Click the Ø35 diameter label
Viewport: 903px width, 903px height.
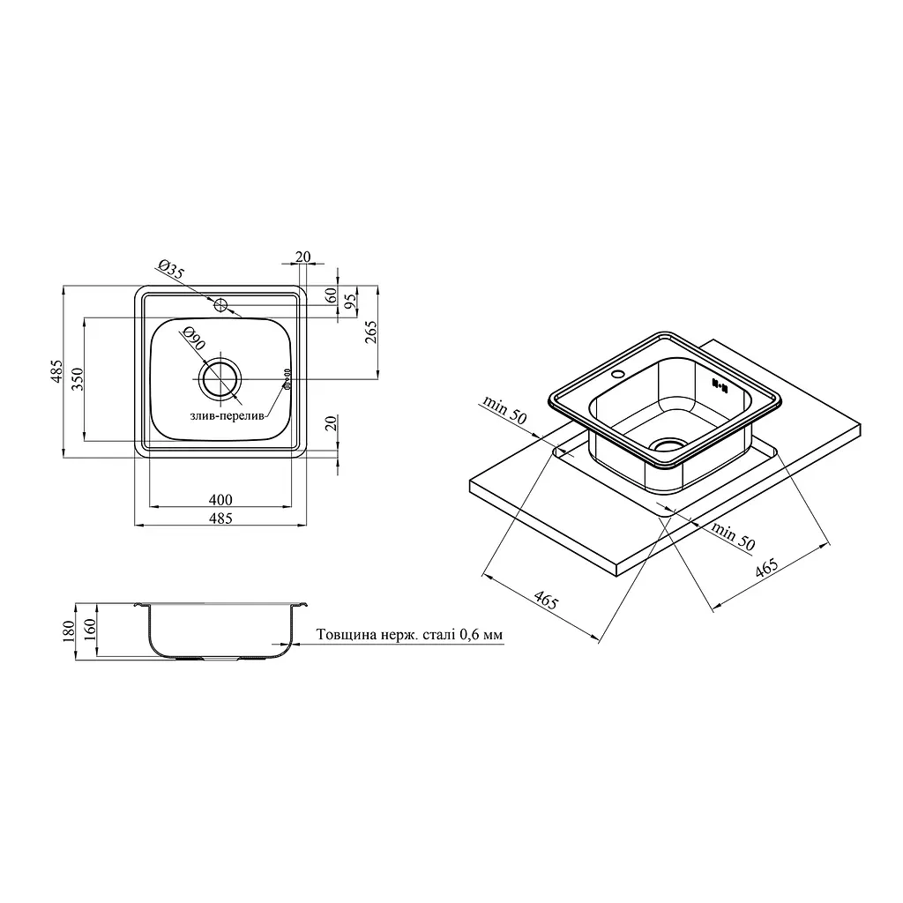[170, 270]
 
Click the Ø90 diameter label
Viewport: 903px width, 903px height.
[192, 338]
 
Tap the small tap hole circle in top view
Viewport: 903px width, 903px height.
[220, 305]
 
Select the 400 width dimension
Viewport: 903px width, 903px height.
[220, 499]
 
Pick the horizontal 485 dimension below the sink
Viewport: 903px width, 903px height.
[220, 519]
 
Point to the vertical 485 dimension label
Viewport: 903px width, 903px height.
[56, 371]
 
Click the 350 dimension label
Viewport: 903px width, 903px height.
[78, 379]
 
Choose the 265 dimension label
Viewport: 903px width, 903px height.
[370, 332]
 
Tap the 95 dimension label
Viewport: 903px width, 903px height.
[349, 299]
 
